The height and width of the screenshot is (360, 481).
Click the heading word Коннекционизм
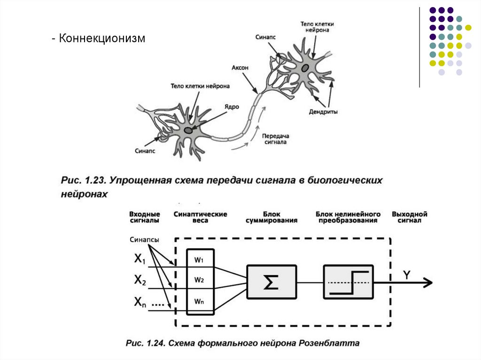tap(102, 38)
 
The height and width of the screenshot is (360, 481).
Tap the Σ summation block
tap(271, 282)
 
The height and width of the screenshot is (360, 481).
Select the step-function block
tap(348, 282)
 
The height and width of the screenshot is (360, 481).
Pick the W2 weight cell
tap(199, 280)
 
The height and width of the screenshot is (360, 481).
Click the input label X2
tap(140, 280)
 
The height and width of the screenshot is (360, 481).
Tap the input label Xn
tap(140, 302)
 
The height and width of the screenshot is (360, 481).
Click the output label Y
tap(407, 274)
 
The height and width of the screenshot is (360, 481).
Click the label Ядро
tap(232, 107)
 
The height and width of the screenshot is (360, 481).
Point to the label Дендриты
tap(323, 112)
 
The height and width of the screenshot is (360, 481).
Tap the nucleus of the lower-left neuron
tap(188, 130)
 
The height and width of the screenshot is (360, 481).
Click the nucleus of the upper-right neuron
tap(305, 69)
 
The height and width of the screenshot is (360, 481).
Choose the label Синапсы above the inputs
tap(144, 240)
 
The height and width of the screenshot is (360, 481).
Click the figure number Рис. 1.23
tap(80, 181)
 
